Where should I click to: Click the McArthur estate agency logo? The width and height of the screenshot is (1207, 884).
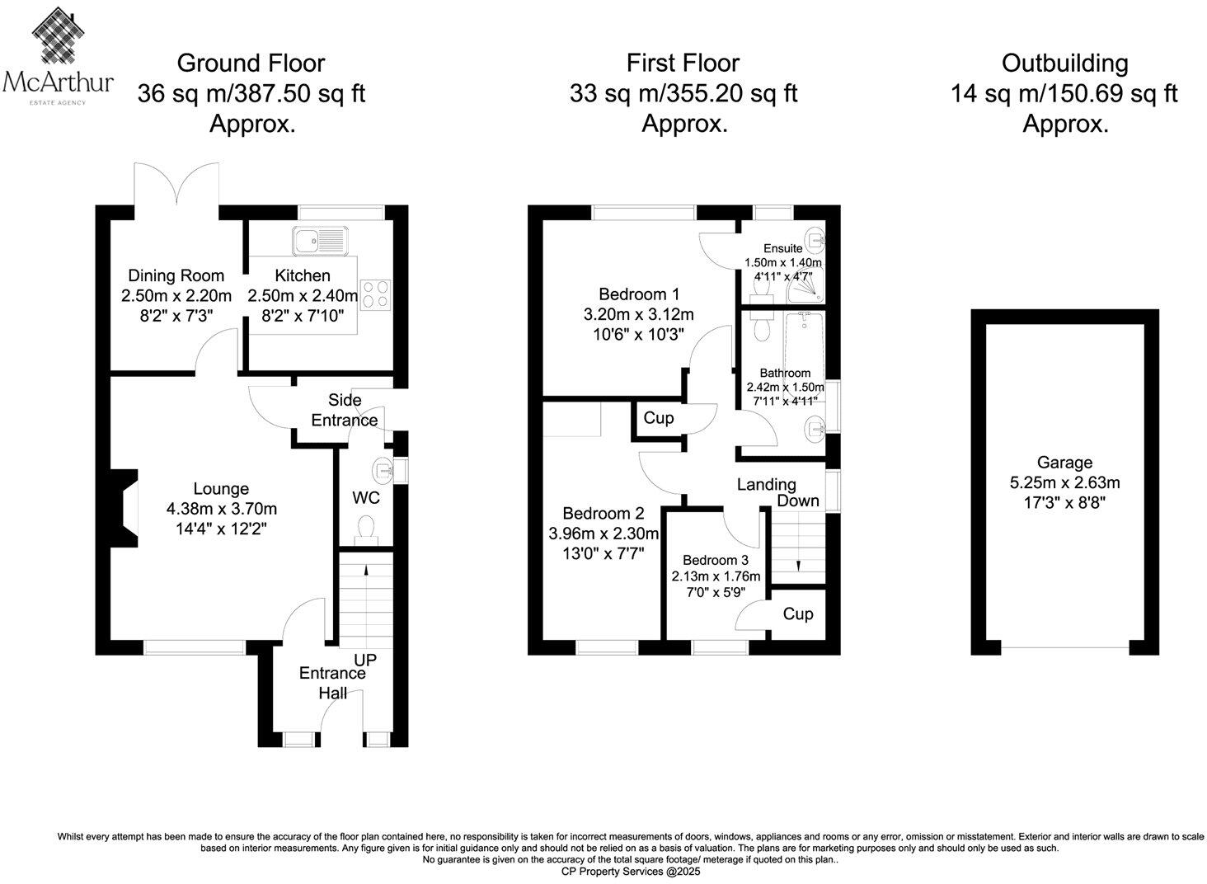point(58,54)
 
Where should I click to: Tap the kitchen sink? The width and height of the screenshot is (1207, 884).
point(321,240)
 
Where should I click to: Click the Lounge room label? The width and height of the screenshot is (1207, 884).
point(221,489)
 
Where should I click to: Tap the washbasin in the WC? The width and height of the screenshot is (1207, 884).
point(384,470)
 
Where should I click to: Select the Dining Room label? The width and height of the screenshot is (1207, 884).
point(176,275)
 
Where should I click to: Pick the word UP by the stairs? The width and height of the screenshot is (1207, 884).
point(365,660)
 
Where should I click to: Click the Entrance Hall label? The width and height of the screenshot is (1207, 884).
point(333,682)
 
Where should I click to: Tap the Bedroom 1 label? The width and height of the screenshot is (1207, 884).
point(639,294)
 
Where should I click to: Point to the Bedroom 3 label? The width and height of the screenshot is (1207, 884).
point(716,561)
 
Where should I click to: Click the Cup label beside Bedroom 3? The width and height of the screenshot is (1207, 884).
point(797,614)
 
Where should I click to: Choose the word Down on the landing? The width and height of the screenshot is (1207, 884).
point(798,501)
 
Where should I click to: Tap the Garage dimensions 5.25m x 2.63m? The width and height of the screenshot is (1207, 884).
point(1064,482)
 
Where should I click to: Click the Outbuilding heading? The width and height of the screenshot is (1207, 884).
point(1064,63)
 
